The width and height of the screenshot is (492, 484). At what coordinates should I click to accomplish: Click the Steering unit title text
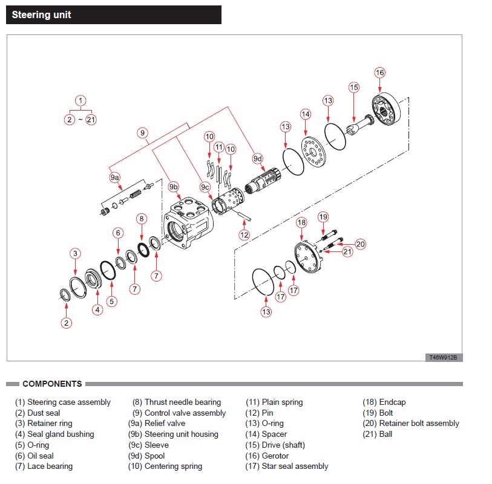click(41, 15)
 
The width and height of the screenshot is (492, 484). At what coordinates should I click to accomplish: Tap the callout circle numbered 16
click(379, 73)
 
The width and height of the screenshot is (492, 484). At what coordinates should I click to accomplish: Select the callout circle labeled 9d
click(258, 159)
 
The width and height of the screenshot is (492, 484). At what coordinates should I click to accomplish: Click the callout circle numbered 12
click(244, 234)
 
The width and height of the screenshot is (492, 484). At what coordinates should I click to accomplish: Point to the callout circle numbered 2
click(67, 323)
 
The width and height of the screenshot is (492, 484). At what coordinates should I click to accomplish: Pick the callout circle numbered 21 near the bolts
click(347, 251)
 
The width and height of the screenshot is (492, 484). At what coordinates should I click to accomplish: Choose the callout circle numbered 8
click(141, 219)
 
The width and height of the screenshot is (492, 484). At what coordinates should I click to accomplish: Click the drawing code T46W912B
click(444, 357)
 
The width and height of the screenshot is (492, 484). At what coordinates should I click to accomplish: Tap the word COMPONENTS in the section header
click(52, 384)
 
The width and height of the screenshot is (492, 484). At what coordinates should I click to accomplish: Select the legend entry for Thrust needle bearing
click(177, 402)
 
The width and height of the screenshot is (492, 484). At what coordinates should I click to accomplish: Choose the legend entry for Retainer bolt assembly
click(411, 424)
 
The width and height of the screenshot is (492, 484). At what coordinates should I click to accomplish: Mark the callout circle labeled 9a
click(115, 178)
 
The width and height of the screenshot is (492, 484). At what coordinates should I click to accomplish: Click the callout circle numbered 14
click(306, 114)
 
